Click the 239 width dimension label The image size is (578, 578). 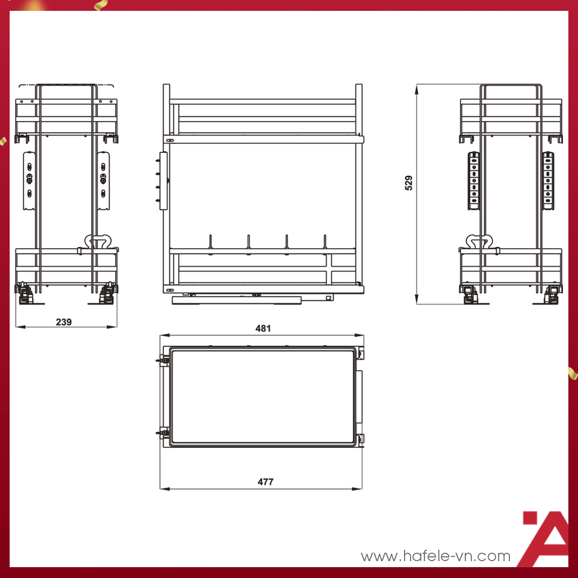tap(63, 322)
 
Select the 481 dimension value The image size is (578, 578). tap(263, 328)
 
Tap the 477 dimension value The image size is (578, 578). tap(266, 482)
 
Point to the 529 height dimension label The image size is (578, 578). tap(409, 183)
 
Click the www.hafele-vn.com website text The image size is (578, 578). tap(435, 556)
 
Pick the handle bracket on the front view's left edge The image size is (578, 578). tap(163, 181)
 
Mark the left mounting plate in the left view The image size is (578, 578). tap(28, 181)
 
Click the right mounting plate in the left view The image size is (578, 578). tap(104, 181)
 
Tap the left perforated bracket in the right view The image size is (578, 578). tap(473, 180)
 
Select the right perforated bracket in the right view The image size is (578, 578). tap(547, 180)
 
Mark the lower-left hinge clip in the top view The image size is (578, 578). tap(163, 432)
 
